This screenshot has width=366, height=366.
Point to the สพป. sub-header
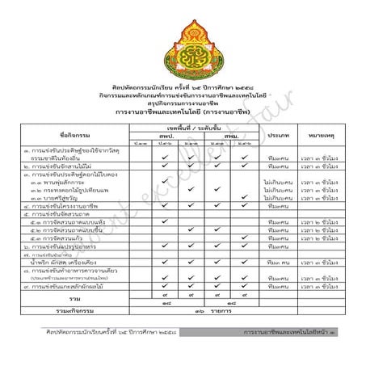[x=167, y=136]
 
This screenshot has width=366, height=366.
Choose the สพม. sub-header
[x=225, y=136]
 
